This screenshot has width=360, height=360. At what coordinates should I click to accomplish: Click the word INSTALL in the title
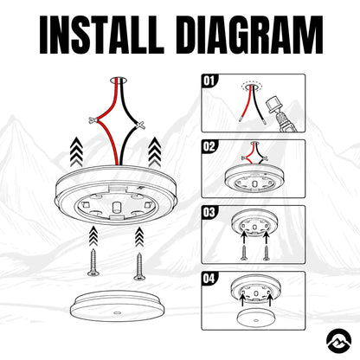pos(102,35)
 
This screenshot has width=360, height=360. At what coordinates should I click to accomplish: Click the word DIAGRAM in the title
pos(253,35)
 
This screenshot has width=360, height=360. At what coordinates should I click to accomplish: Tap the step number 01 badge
pos(209,80)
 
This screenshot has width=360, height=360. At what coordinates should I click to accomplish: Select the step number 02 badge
pos(209,146)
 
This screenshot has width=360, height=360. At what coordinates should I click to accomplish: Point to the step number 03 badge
pos(209,212)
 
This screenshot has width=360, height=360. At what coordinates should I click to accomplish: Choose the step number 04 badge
pos(209,279)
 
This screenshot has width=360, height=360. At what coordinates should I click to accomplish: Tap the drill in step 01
pos(283,115)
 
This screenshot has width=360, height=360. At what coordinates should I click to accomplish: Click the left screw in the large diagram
pos(93,262)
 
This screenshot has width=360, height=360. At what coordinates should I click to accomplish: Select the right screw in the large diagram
pos(139,267)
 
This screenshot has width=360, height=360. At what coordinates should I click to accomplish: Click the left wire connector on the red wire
pos(93,120)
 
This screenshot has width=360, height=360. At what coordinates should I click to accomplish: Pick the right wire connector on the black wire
pos(140,125)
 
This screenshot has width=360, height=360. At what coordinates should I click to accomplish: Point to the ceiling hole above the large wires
pos(119,80)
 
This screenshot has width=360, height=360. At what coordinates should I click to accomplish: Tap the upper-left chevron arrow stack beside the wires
pos(76,151)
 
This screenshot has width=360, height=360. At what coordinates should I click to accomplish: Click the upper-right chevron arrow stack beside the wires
pos(155,151)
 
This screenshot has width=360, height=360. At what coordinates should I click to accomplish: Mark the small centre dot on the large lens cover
pos(117,313)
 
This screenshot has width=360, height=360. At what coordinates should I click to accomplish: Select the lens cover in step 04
pos(254,317)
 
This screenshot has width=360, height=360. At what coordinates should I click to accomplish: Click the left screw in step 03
pos(244,254)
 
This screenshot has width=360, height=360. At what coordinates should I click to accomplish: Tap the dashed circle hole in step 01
pos(252,86)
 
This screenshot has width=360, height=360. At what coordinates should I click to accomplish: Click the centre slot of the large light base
pos(117,207)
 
